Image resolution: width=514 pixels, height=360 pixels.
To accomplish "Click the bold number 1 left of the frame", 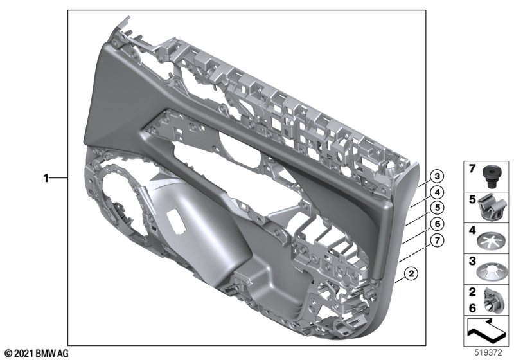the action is click(x=46, y=178).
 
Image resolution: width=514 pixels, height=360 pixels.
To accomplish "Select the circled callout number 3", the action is click(x=437, y=176).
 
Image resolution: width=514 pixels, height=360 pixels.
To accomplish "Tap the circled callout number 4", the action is click(x=437, y=192).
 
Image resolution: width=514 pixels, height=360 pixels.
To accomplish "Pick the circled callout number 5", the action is click(x=437, y=208).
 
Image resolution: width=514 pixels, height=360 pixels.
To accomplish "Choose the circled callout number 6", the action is click(x=437, y=224).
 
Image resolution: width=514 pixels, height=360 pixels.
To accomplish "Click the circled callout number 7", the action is click(x=437, y=240).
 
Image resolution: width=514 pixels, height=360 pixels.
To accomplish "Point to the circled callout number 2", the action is click(x=411, y=273).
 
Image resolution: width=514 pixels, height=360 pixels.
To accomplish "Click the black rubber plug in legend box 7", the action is click(x=490, y=177).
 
